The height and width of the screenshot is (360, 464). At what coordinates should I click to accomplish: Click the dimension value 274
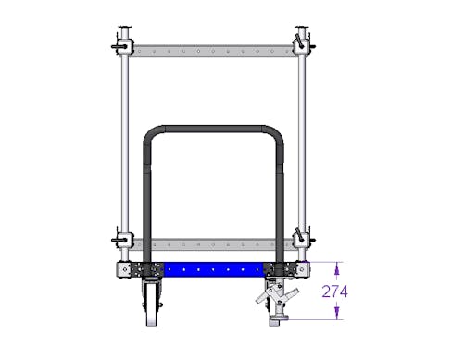[334, 292]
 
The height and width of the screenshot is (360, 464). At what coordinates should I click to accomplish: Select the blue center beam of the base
[213, 269]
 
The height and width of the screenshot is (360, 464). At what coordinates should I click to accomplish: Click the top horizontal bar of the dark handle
[213, 129]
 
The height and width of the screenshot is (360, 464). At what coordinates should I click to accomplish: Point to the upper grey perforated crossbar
[213, 51]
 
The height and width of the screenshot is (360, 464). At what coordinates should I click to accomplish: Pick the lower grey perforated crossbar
[213, 244]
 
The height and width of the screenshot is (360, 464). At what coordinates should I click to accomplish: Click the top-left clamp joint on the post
[124, 47]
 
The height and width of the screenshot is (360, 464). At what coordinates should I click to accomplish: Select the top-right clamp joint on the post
[302, 45]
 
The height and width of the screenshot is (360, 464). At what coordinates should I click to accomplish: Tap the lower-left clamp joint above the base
[124, 240]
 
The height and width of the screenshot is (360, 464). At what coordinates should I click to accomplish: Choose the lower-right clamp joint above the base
[302, 239]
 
